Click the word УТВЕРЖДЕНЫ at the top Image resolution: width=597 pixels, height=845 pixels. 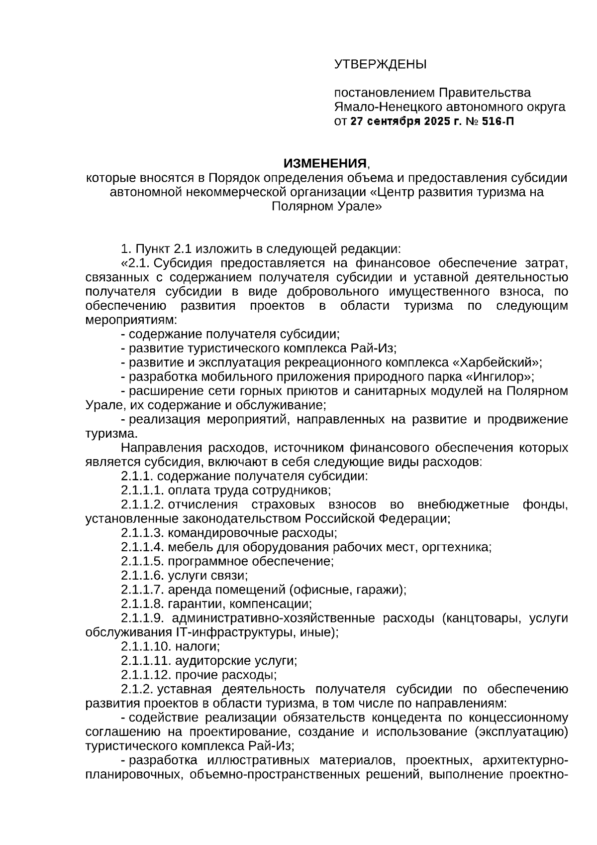[380, 64]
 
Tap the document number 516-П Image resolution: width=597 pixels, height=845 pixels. [498, 121]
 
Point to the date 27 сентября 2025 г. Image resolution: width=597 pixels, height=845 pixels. [405, 121]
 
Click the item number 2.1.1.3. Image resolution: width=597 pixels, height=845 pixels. [142, 533]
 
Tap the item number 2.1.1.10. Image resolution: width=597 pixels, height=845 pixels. [146, 646]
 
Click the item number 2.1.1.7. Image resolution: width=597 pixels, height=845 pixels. [142, 590]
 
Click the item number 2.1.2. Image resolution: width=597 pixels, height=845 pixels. [136, 689]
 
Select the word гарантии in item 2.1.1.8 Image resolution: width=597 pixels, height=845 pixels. [191, 604]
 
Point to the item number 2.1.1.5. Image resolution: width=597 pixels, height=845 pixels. [142, 561]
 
